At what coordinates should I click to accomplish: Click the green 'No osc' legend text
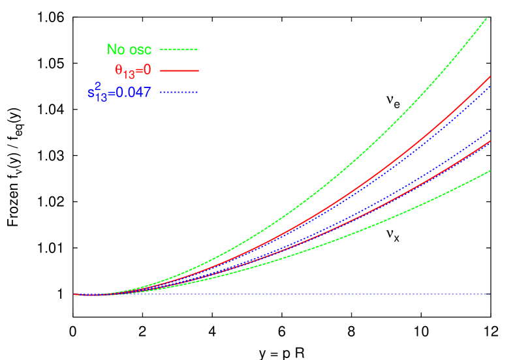coord(129,50)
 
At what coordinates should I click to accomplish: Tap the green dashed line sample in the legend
coord(179,49)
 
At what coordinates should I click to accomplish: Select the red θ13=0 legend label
coord(133,70)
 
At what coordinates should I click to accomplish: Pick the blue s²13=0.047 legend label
coord(119,92)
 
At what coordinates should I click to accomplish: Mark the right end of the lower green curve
coord(490,171)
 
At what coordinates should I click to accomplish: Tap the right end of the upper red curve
coord(490,77)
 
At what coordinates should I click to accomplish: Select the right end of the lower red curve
coord(490,142)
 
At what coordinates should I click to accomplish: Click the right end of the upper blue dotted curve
coord(490,86)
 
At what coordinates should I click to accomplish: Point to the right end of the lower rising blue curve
coord(490,131)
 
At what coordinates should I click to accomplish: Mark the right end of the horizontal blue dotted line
coord(488,294)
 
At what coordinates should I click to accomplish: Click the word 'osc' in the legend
coord(140,50)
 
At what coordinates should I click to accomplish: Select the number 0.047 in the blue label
coord(133,93)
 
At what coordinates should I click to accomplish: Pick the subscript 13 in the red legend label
coord(129,74)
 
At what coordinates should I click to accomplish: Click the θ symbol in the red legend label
coord(119,70)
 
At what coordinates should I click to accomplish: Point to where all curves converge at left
coord(85,295)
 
